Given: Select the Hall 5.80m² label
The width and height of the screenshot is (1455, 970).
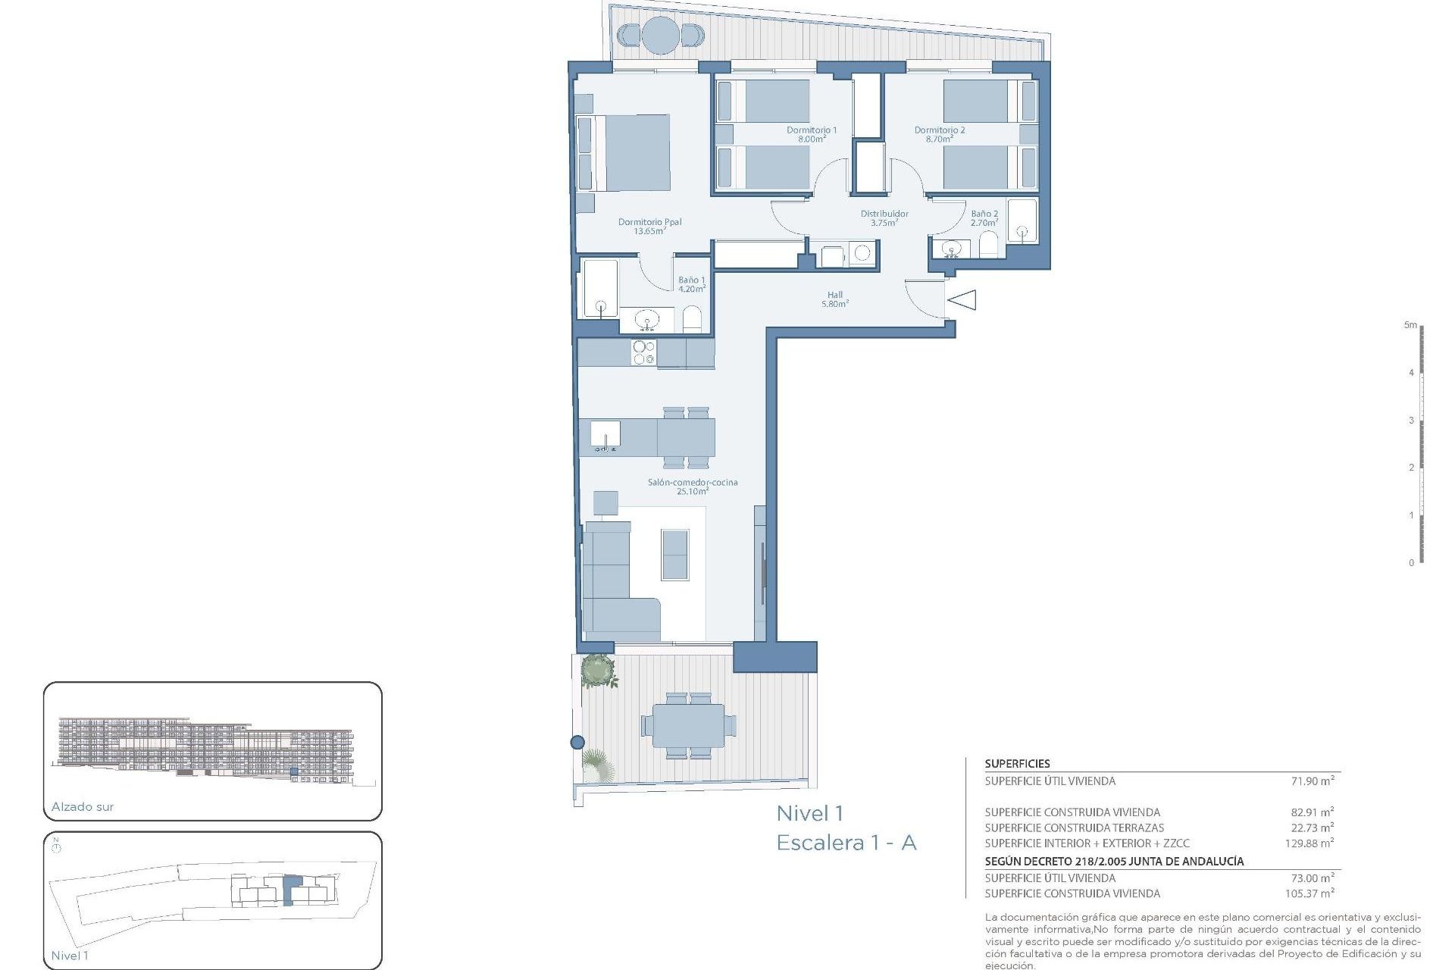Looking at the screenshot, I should (x=834, y=299).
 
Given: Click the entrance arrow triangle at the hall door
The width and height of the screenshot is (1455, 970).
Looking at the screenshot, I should (x=963, y=300).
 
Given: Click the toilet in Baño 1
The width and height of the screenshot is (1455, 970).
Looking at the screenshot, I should (x=692, y=319).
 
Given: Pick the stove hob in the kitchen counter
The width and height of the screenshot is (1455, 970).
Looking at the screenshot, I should (x=643, y=352).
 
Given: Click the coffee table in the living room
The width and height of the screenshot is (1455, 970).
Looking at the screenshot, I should (x=674, y=555).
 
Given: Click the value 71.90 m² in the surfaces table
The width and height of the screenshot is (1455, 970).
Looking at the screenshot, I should (x=1312, y=781).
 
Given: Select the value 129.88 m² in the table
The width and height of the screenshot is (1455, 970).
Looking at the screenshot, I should (x=1309, y=843).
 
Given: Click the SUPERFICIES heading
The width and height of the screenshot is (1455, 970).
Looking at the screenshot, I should (x=1017, y=763).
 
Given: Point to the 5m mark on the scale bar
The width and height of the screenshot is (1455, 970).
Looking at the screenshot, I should (x=1410, y=325).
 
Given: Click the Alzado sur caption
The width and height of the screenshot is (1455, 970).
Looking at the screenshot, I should (x=83, y=806).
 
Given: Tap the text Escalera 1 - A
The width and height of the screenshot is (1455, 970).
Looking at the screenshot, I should (x=846, y=842).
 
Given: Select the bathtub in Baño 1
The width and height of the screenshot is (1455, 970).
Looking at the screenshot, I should (x=599, y=289).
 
